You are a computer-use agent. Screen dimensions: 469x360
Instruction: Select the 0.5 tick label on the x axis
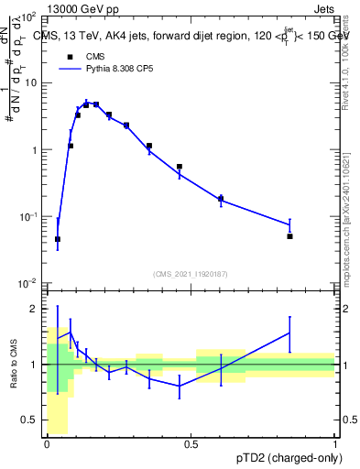(x=191, y=444)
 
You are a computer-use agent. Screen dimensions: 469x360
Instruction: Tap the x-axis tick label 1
(x=334, y=444)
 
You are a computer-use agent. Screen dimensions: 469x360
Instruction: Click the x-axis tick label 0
(x=48, y=444)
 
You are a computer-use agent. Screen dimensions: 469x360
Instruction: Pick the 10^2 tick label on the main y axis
(x=27, y=17)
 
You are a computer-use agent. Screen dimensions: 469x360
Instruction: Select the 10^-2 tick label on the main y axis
(x=27, y=283)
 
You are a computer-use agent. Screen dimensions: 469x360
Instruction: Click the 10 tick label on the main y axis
(x=30, y=83)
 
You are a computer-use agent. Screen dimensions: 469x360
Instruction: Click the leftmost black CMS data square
(x=58, y=239)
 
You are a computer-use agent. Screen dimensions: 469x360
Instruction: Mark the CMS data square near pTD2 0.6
(x=221, y=198)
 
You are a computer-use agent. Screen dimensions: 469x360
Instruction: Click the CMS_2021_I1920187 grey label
(x=191, y=274)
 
